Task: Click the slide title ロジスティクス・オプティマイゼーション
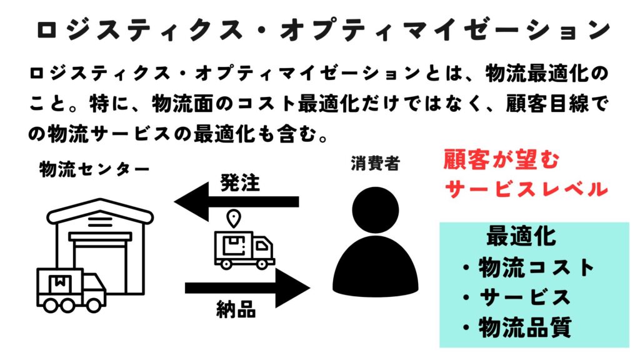point(320,29)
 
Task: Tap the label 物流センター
point(94,169)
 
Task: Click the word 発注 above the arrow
point(239,183)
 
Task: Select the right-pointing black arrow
point(247,287)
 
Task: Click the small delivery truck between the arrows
point(244,249)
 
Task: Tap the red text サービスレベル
point(525,188)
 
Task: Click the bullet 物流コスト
point(529,268)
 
